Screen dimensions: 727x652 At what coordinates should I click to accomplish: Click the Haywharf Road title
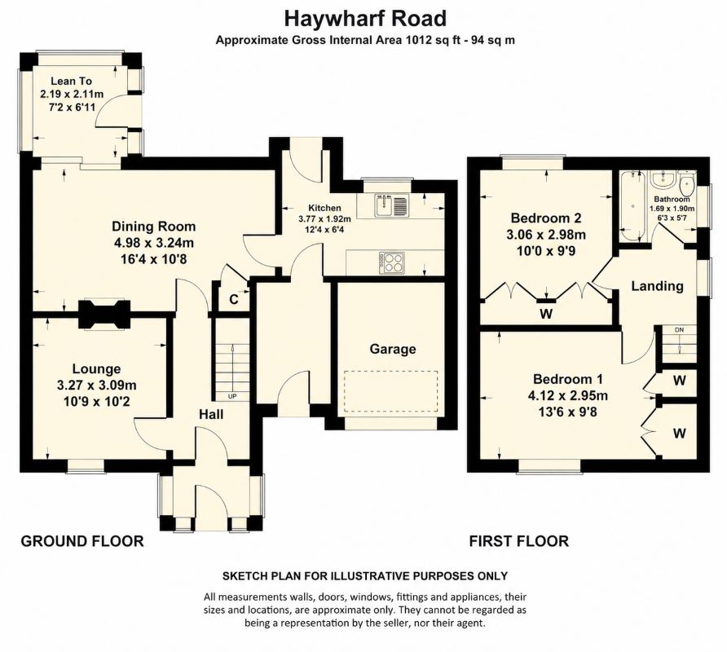tap(365, 19)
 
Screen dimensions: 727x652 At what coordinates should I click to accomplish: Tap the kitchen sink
tap(393, 205)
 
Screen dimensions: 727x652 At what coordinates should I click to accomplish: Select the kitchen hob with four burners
tap(392, 262)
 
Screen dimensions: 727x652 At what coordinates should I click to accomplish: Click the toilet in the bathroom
tap(686, 184)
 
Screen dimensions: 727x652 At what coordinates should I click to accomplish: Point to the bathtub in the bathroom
tap(632, 205)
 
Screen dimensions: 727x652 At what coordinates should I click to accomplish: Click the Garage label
tap(393, 349)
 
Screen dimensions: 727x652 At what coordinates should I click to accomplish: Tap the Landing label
tap(657, 285)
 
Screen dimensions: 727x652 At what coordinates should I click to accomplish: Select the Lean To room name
tap(72, 81)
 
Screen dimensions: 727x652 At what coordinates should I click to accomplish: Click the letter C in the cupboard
tap(234, 300)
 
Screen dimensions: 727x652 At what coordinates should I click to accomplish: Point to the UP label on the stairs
tap(231, 396)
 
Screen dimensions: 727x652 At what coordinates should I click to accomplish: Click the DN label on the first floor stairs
tap(679, 330)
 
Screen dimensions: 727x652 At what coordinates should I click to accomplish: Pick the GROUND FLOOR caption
tap(82, 541)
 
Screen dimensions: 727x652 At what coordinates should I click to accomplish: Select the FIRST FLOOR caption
tap(519, 541)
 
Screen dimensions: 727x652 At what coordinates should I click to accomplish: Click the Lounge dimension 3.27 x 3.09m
tap(96, 385)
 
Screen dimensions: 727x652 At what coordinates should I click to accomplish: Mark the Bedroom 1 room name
tap(567, 379)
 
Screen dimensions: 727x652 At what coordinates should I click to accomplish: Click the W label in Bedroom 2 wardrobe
tap(546, 314)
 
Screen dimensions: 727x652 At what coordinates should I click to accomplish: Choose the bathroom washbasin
tap(663, 180)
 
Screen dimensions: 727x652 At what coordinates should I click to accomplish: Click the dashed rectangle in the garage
tap(390, 391)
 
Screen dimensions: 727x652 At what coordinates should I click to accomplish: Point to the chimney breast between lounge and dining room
tap(104, 315)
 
